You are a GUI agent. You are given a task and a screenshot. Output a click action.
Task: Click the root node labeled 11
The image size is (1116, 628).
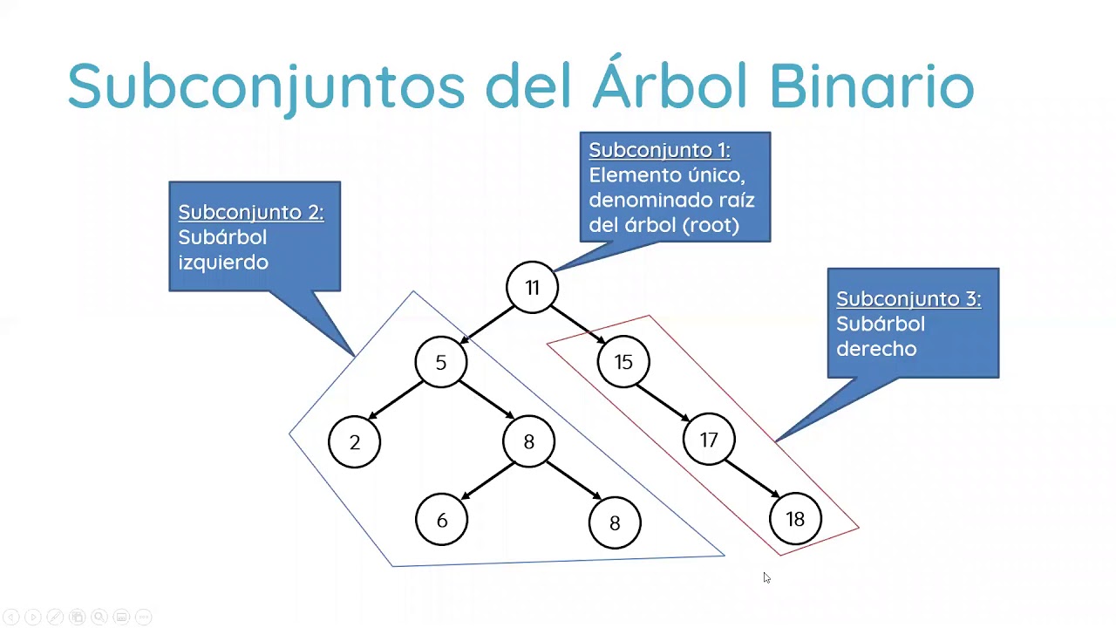click(x=532, y=288)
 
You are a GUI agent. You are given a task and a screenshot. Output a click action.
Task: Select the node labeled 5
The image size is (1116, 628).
click(x=441, y=362)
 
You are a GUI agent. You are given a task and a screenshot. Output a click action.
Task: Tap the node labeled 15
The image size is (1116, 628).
click(x=623, y=362)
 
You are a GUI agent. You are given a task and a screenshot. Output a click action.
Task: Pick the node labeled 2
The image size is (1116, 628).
click(x=355, y=442)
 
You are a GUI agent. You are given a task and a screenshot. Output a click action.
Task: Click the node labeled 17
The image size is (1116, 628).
click(x=709, y=440)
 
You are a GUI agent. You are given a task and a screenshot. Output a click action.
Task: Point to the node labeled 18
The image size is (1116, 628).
click(x=795, y=520)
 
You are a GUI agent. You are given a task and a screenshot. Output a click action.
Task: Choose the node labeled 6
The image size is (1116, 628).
click(x=442, y=521)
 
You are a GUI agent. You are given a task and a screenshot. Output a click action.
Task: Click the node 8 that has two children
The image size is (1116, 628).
click(x=528, y=442)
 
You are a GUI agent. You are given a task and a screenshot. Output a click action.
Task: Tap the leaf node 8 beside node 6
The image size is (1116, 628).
click(x=615, y=522)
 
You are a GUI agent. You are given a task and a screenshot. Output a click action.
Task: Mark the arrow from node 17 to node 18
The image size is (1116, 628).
click(x=752, y=479)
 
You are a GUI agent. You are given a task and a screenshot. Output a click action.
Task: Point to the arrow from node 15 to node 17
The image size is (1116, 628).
click(x=665, y=401)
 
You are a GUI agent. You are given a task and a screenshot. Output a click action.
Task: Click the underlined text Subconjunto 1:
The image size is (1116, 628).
click(x=659, y=150)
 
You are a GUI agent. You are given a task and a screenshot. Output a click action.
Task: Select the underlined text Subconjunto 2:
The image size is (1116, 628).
click(x=251, y=212)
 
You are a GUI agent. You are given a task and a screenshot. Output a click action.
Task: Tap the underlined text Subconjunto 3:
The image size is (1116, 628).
click(x=908, y=298)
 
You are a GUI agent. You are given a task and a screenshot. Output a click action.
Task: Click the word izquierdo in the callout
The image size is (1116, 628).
click(x=223, y=262)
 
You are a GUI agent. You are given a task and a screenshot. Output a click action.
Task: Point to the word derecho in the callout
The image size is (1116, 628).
click(x=876, y=349)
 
